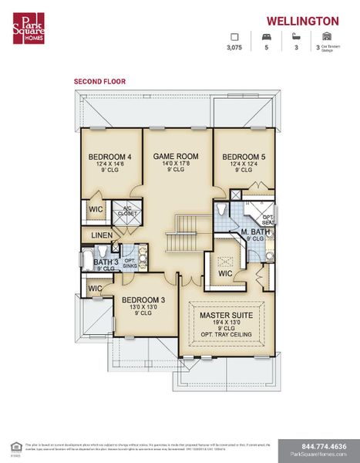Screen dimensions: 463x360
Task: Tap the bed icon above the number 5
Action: point(266,36)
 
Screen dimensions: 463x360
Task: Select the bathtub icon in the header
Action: point(296,36)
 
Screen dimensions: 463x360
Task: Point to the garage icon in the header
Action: point(326,36)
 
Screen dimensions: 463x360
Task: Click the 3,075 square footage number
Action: point(234,48)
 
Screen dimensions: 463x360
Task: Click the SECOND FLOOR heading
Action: point(99,81)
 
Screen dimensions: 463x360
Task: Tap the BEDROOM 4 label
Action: point(109,157)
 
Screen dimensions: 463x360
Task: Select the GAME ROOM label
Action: point(176,157)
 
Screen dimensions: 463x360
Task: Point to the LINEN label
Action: point(102,235)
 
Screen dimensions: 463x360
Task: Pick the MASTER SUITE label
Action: point(226,316)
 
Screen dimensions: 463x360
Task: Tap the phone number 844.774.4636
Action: point(318,446)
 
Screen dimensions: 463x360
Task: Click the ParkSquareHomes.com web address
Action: point(318,455)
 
